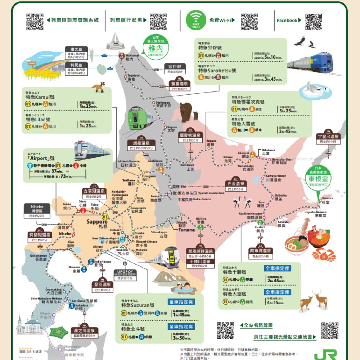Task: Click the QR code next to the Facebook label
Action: [313, 21]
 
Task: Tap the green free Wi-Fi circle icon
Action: [195, 20]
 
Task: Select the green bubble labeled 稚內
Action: [154, 46]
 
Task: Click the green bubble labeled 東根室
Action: [317, 178]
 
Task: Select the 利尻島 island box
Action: [76, 68]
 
